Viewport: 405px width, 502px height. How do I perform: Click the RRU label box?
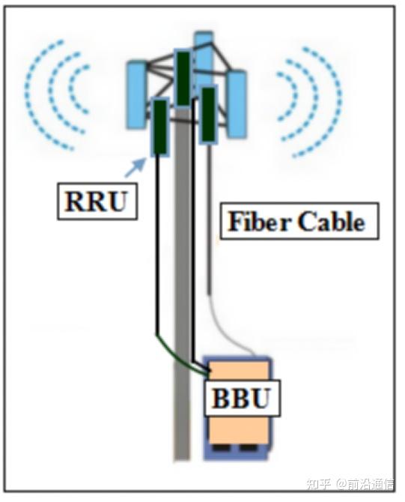[x=97, y=202]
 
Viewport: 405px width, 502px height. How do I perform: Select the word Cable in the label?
[x=331, y=221]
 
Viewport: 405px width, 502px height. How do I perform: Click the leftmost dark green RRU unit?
[x=160, y=127]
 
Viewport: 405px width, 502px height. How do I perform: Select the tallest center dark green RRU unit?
[x=183, y=79]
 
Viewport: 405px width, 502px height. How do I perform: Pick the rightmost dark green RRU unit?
[x=208, y=115]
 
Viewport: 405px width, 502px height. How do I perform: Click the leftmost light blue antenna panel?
[x=137, y=94]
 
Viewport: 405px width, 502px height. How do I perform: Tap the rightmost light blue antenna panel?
[x=237, y=104]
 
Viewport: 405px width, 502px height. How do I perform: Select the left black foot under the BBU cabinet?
[x=219, y=447]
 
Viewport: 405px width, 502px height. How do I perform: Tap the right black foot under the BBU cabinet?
[x=248, y=447]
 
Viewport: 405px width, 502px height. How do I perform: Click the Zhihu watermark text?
[x=350, y=484]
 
